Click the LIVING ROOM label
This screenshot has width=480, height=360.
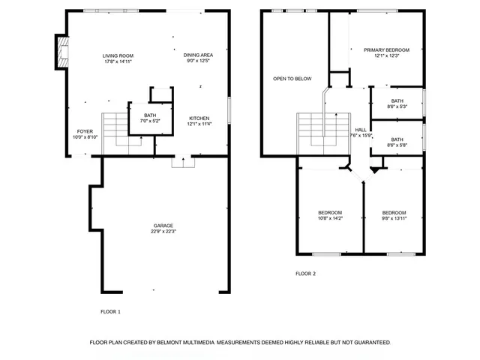tap(118, 56)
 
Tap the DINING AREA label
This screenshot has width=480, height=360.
tap(198, 55)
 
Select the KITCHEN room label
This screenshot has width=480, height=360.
tap(199, 118)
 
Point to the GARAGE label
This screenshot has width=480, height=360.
tap(163, 226)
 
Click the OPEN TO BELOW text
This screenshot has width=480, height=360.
tap(292, 79)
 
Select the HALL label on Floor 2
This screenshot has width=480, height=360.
tap(361, 129)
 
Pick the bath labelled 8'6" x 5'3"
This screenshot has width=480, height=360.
tap(397, 100)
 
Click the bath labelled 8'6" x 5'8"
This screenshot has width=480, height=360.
tap(397, 139)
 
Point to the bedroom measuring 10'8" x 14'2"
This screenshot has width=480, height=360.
tap(330, 212)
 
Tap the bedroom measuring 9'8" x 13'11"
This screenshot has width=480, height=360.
tap(394, 212)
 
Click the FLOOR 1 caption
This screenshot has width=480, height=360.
tap(110, 310)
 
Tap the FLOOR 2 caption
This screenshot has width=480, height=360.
tap(305, 274)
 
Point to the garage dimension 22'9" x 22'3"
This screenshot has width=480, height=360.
tap(163, 231)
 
